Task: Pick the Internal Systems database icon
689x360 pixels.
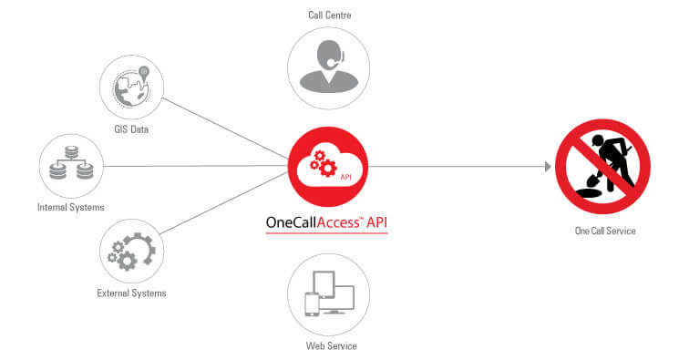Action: coord(71,167)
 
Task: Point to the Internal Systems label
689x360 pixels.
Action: coord(71,207)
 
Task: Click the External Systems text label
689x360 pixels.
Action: coord(131,293)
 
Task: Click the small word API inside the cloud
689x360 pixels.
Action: coord(346,178)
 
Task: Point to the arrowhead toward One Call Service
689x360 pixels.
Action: coord(548,167)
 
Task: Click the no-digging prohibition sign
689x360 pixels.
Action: coord(602,167)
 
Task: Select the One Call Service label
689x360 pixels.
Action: coord(604,231)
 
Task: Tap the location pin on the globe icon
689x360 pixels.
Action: coord(144,71)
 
